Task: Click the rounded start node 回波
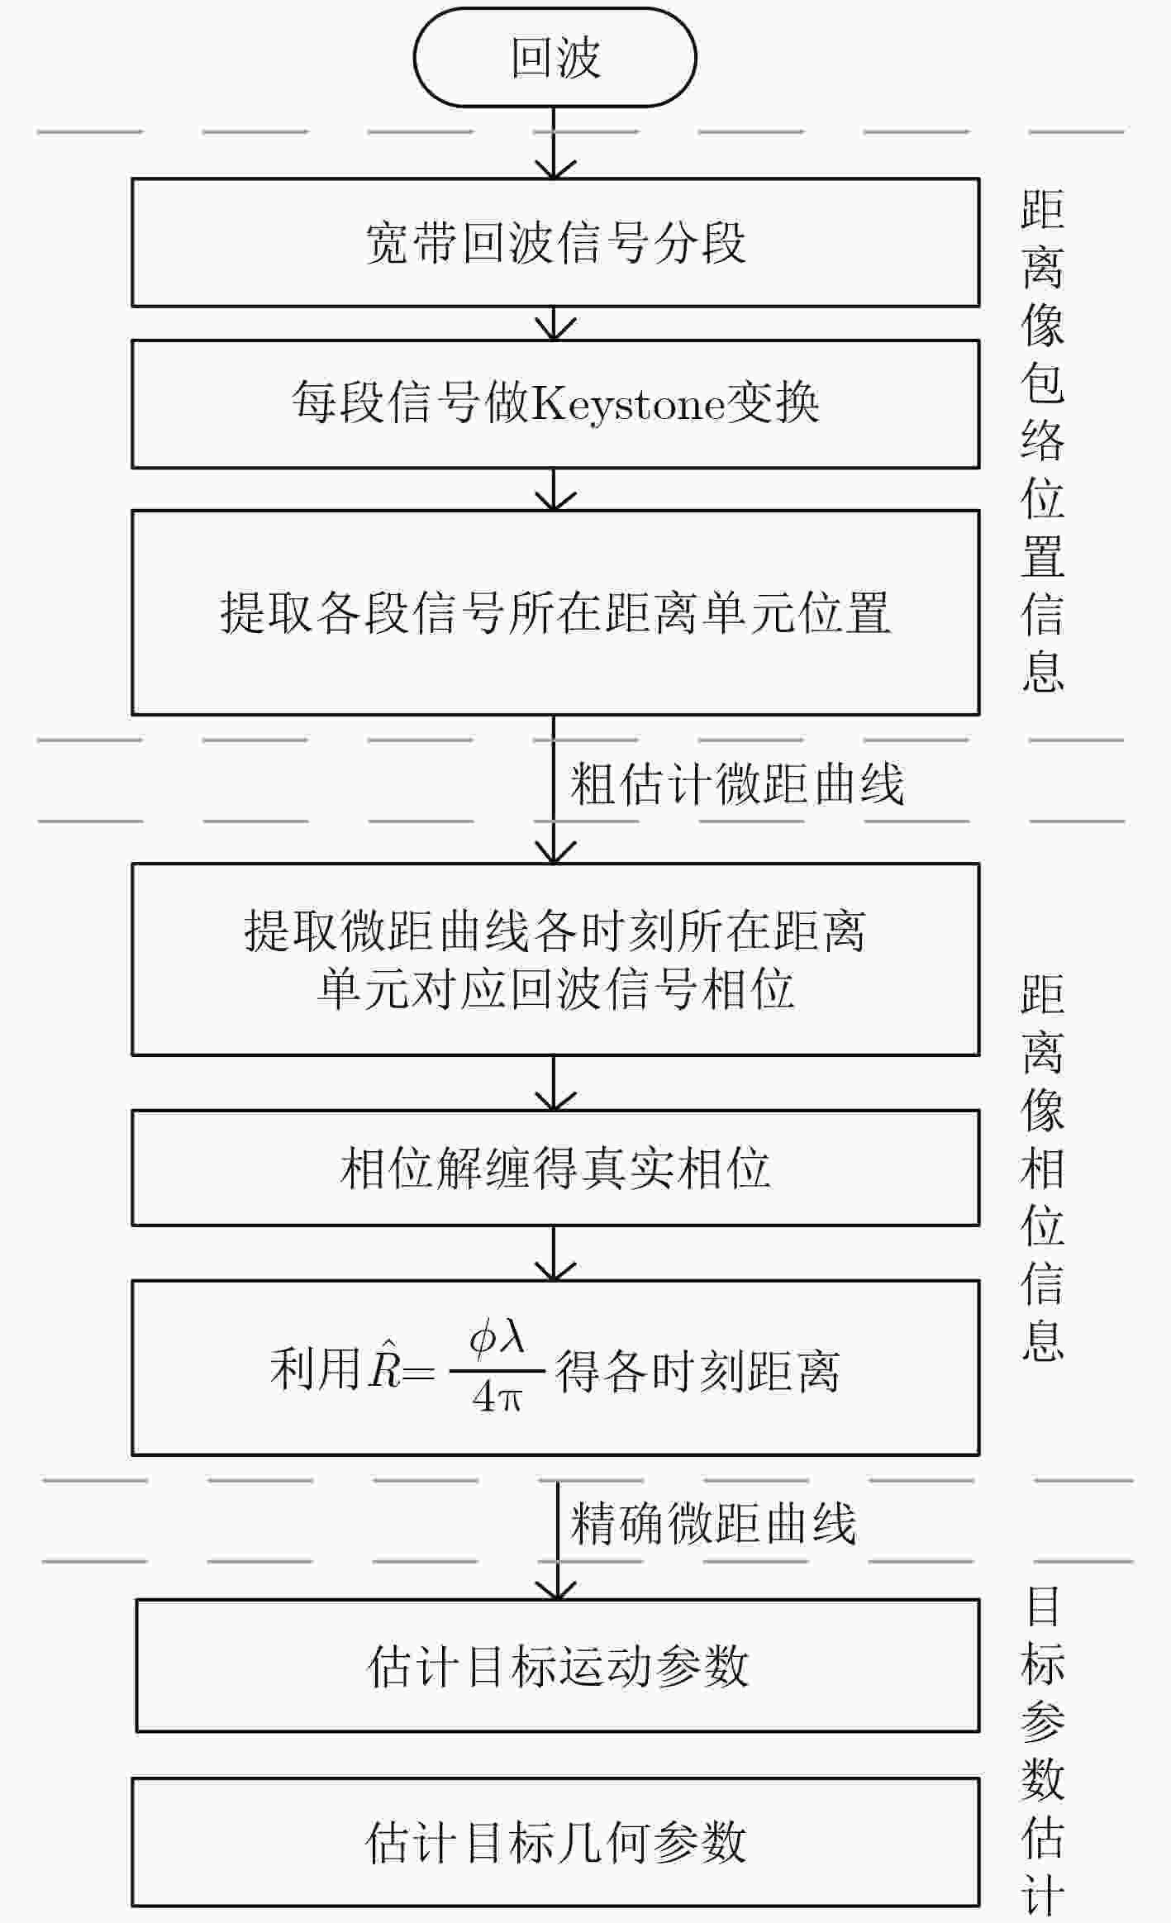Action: pos(555,57)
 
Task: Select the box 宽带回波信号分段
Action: pos(555,242)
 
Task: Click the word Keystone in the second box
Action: pos(628,404)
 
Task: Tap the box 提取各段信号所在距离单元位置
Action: pos(555,612)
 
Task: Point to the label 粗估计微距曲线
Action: pos(737,783)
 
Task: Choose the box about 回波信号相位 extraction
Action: pos(555,959)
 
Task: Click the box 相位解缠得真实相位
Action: pos(555,1168)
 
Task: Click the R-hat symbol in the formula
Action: pos(385,1368)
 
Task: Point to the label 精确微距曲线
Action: pos(713,1522)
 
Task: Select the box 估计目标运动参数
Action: pos(558,1666)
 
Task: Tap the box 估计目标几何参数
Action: pos(555,1842)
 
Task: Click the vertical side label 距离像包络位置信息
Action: pos(1042,440)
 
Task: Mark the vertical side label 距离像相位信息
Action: pos(1042,1168)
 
